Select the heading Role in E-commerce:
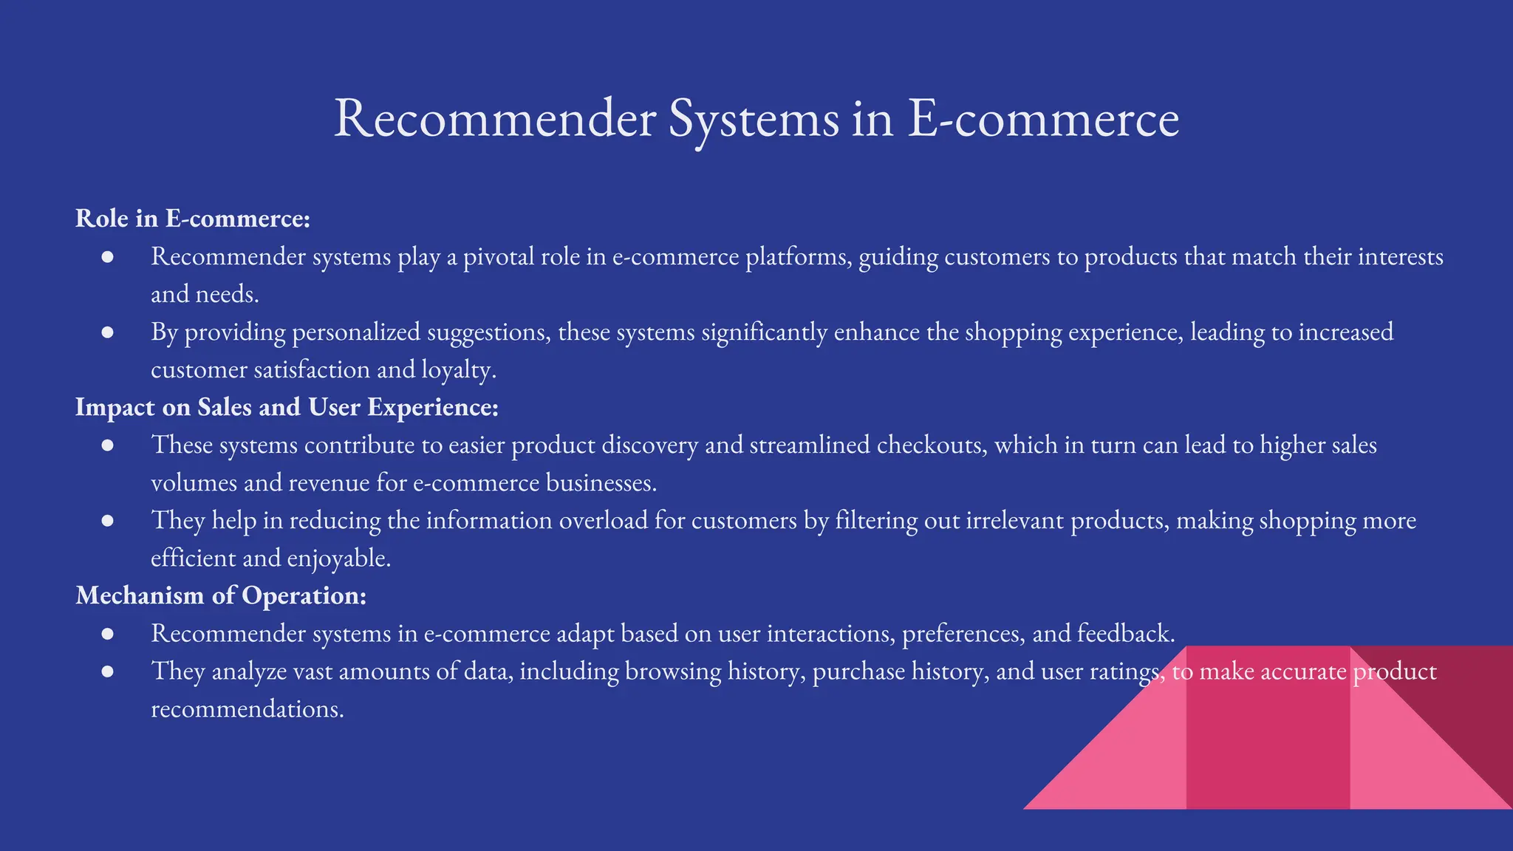tap(192, 219)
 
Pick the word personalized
tap(356, 332)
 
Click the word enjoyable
tap(338, 558)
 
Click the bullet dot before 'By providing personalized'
tap(108, 332)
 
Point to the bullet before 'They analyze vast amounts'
tap(108, 671)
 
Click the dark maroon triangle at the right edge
tap(1470, 702)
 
